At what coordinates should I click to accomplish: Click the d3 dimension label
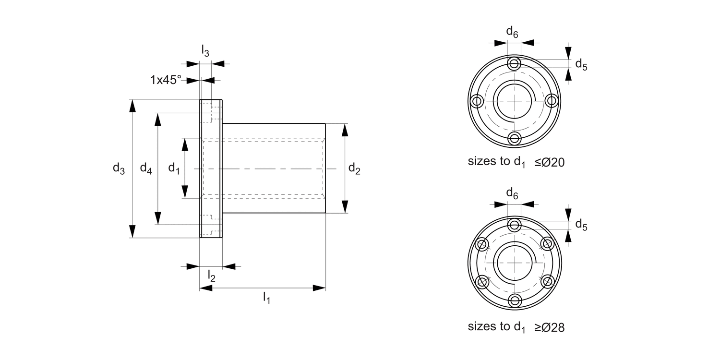tap(119, 168)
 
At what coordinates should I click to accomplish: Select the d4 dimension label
tap(146, 168)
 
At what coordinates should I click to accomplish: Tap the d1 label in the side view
tap(174, 168)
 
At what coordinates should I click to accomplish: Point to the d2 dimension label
tap(354, 168)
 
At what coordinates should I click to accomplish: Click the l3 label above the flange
tap(205, 50)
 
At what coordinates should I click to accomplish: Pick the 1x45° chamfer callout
tap(166, 80)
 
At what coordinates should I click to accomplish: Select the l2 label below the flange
tap(211, 276)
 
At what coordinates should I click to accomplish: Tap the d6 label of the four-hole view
tap(512, 32)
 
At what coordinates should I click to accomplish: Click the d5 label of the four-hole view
tap(581, 64)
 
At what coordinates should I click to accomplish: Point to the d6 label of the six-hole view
tap(512, 193)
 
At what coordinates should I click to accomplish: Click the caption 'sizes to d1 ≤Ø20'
tap(516, 162)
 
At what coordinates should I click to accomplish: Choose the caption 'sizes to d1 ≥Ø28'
tap(516, 327)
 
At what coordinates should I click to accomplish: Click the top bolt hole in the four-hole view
tap(515, 63)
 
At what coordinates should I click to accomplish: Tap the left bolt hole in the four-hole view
tap(477, 101)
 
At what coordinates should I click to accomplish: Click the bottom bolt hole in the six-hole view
tap(515, 300)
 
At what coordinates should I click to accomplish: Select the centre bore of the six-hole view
tap(515, 263)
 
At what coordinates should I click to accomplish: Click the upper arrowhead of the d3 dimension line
tap(132, 106)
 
